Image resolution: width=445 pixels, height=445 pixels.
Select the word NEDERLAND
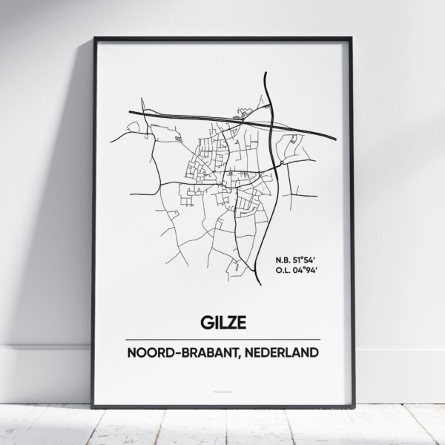coord(284,351)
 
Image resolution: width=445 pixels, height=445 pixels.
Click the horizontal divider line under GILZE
coord(223,339)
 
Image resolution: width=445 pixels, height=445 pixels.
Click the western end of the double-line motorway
coord(129,112)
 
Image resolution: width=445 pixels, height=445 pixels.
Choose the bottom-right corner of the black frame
coord(352,406)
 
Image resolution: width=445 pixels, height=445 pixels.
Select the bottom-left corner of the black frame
coord(93,406)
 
